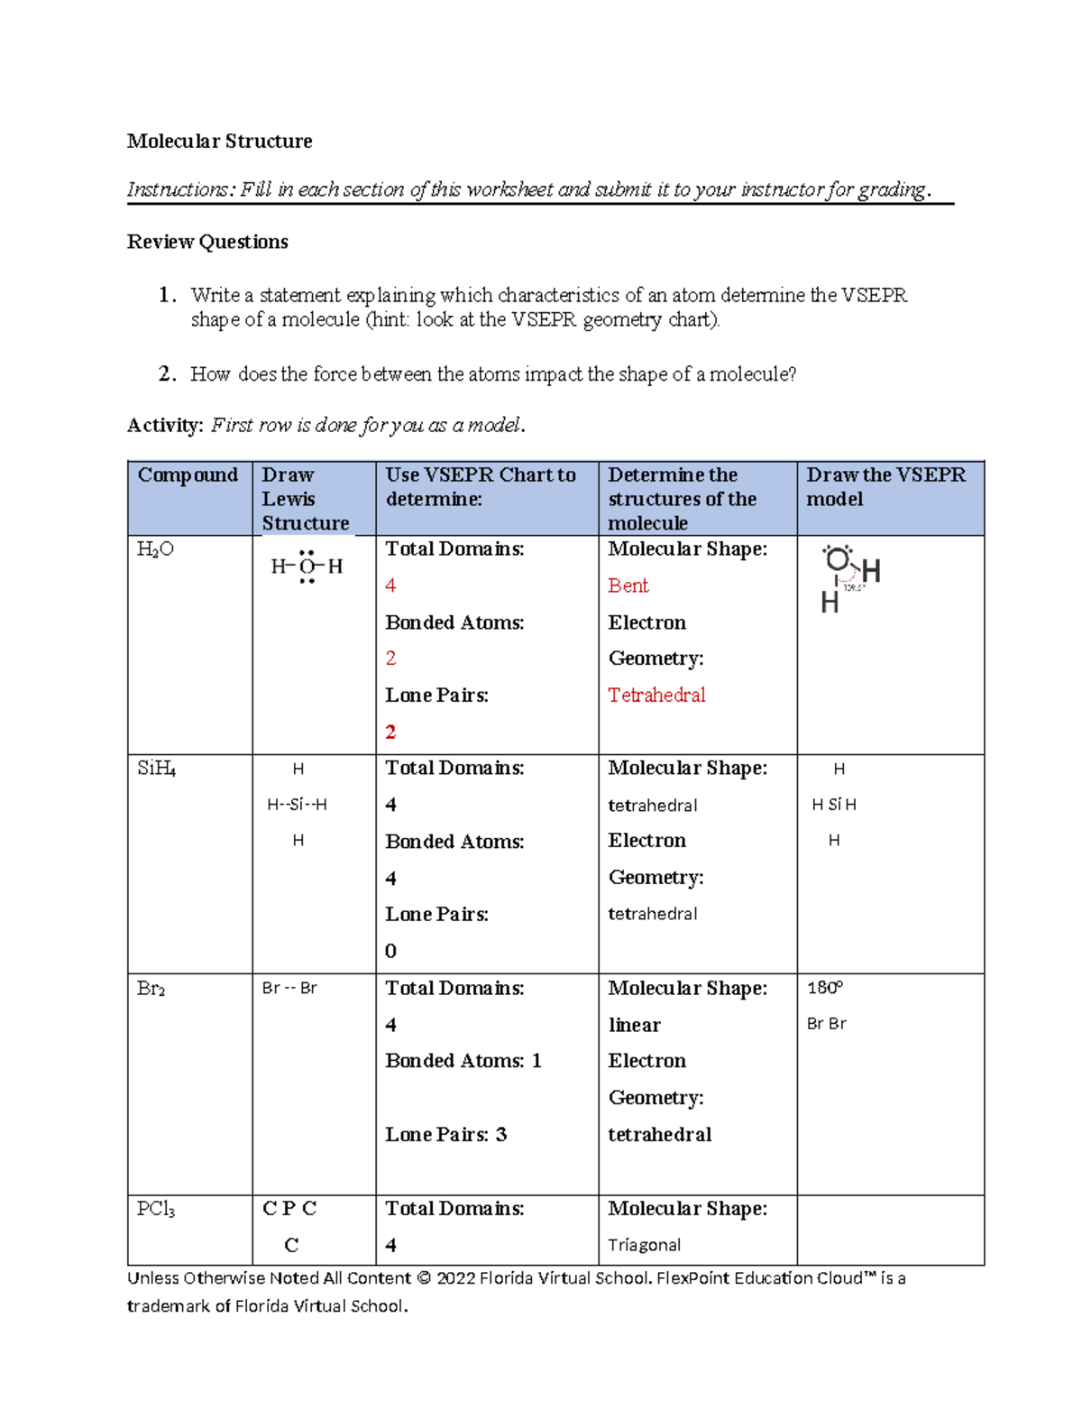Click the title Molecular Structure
pos(219,141)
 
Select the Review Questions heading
pos(207,242)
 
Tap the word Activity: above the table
pos(166,425)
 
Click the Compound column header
pos(188,475)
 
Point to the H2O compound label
pos(155,549)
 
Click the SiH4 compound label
pos(156,769)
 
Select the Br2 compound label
pos(151,989)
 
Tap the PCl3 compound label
pos(155,1209)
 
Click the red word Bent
pos(628,586)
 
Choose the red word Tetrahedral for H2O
pos(656,696)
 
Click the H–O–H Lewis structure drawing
pos(307,567)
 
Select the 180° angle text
pos(824,988)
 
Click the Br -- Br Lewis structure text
pos(289,989)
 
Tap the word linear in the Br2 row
pos(634,1026)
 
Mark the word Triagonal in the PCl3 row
pos(644,1245)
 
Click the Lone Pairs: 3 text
pos(445,1135)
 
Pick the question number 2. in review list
pos(167,374)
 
